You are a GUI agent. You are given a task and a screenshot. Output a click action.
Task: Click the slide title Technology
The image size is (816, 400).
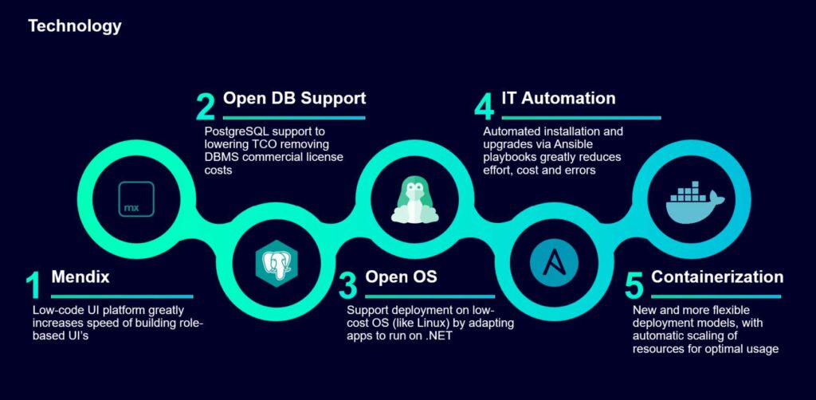[74, 26]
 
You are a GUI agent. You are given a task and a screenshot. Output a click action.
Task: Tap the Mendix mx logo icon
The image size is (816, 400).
[132, 197]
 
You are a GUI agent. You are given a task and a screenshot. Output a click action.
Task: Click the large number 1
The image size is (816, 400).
[32, 287]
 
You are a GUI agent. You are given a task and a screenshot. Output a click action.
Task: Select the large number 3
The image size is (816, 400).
[347, 287]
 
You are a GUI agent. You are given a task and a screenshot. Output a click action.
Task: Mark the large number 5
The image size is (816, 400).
[633, 287]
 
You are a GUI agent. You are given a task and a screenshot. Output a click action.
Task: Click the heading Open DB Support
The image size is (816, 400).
[294, 99]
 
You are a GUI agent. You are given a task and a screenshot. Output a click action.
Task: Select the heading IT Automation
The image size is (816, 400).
[558, 99]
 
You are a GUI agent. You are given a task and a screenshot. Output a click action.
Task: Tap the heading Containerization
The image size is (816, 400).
[717, 277]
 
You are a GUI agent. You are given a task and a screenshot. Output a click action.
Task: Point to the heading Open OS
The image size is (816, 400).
[401, 277]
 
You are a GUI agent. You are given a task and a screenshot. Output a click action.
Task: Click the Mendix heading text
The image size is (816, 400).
[80, 277]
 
